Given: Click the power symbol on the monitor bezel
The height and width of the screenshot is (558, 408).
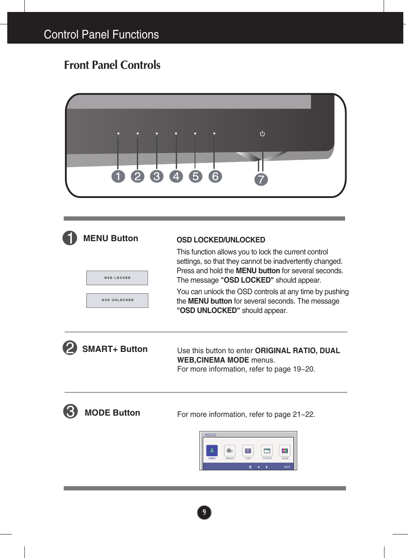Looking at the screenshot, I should point(262,134).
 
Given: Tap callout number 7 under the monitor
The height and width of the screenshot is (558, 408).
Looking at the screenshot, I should point(261,179).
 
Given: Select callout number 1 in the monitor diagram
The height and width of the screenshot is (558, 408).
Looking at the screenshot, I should point(118,176).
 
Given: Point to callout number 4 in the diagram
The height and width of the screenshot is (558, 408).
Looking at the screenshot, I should point(176,176).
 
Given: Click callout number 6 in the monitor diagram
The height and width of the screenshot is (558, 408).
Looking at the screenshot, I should point(215,176).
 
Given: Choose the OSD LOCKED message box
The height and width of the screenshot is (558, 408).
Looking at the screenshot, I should point(117,278).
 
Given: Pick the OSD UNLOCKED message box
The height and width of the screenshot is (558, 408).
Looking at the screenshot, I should point(117,300).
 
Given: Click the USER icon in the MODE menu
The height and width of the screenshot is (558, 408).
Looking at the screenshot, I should point(212,451).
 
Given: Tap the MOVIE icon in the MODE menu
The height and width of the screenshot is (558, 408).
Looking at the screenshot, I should point(230,451).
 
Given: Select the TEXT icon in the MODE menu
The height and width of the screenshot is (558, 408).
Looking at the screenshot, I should point(248,451).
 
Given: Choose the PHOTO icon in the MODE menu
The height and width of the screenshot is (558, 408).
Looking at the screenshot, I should point(267,451).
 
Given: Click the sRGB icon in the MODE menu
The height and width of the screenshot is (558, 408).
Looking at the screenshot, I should point(285,451).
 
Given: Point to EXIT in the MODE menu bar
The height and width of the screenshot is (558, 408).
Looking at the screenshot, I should point(287,467).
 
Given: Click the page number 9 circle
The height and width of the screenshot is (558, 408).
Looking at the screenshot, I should point(204,512).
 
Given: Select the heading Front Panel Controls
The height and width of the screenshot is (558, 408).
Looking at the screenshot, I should point(112,65).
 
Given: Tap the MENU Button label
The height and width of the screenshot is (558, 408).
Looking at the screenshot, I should point(110,239).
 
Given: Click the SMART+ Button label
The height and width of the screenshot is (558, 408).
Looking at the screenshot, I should point(115,349).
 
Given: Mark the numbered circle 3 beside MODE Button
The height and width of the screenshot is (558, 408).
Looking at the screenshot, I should point(71,411).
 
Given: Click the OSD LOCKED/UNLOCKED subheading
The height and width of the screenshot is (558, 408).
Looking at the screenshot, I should point(221,240).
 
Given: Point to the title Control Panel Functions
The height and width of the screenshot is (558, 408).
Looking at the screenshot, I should point(101,35).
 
